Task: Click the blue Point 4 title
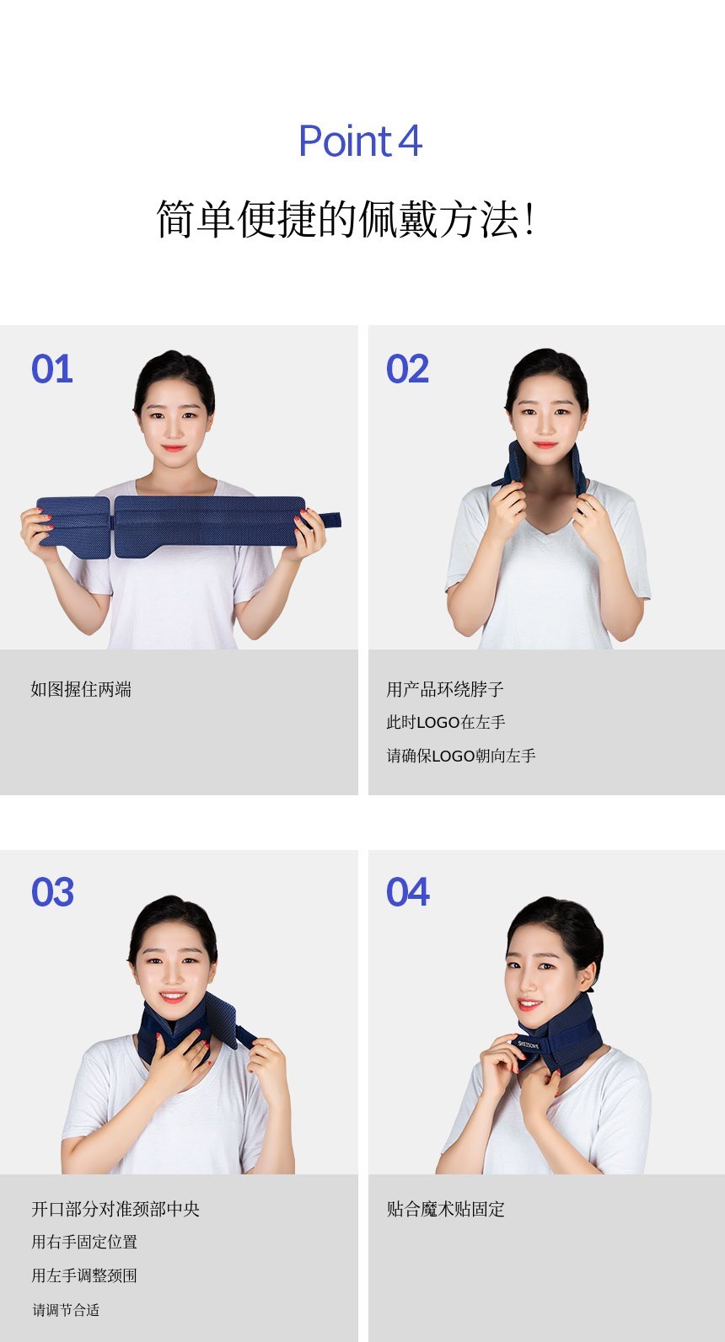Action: click(x=361, y=142)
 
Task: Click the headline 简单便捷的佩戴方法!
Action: click(x=346, y=219)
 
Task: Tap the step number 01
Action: click(x=52, y=368)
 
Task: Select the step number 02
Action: click(x=408, y=368)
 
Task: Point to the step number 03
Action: click(x=53, y=892)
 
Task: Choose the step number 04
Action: click(x=408, y=892)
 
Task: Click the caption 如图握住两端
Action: click(x=81, y=690)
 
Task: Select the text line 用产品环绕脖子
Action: click(x=445, y=690)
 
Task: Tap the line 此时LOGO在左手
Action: click(x=446, y=723)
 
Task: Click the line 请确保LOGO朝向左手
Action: click(x=461, y=756)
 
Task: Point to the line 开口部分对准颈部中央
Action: click(x=115, y=1209)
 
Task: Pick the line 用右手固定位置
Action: click(x=84, y=1242)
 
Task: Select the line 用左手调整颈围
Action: click(x=84, y=1275)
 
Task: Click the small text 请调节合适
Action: click(x=66, y=1310)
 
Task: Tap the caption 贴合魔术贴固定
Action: click(x=446, y=1209)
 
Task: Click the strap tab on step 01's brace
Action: click(x=329, y=520)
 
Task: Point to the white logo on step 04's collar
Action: click(x=529, y=1045)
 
